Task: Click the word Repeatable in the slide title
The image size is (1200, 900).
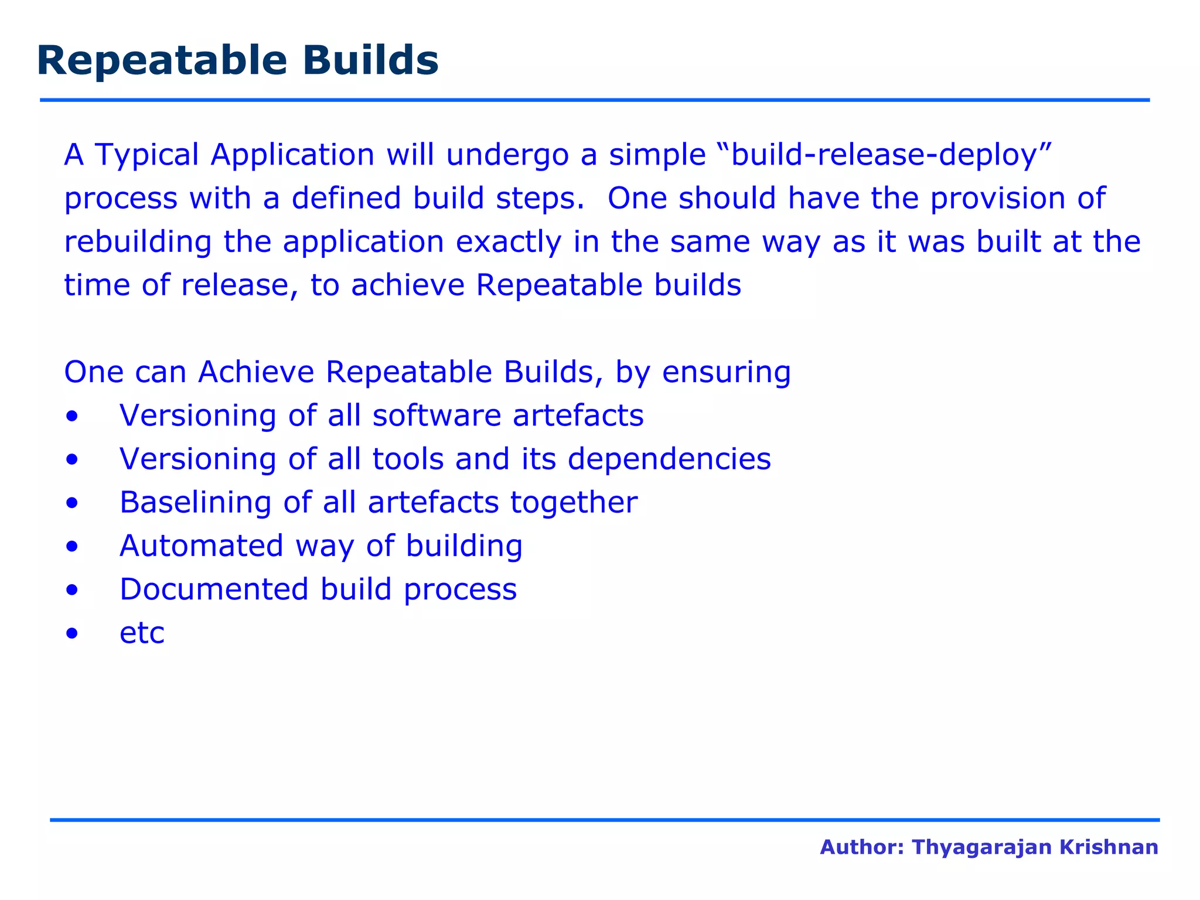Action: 162,61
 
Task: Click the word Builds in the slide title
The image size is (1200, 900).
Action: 370,61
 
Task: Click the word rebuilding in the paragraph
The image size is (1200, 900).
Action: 138,242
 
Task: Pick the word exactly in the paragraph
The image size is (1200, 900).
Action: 509,242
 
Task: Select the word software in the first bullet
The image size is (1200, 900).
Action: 437,415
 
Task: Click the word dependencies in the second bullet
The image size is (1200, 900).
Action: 669,459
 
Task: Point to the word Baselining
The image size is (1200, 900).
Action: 195,503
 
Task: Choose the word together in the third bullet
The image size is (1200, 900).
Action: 574,503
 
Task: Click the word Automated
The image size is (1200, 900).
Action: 202,546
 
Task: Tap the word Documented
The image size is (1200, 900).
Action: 214,589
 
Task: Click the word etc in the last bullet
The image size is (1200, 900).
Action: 142,633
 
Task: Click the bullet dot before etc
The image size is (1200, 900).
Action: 72,633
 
